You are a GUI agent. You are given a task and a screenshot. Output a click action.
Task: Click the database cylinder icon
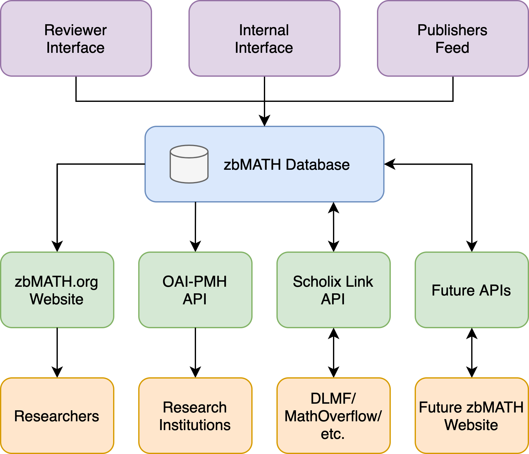(x=189, y=164)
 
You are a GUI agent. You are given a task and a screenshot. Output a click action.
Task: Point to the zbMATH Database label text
(x=286, y=165)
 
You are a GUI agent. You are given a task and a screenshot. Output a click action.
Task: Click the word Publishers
(x=452, y=30)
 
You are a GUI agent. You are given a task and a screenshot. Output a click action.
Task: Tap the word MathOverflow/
(x=333, y=416)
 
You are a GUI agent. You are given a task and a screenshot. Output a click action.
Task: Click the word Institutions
(x=195, y=425)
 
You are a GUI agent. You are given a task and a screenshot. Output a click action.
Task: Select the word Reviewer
(x=75, y=30)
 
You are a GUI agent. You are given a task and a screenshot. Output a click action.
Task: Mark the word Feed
(x=452, y=48)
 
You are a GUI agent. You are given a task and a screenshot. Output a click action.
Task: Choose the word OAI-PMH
(x=195, y=282)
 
